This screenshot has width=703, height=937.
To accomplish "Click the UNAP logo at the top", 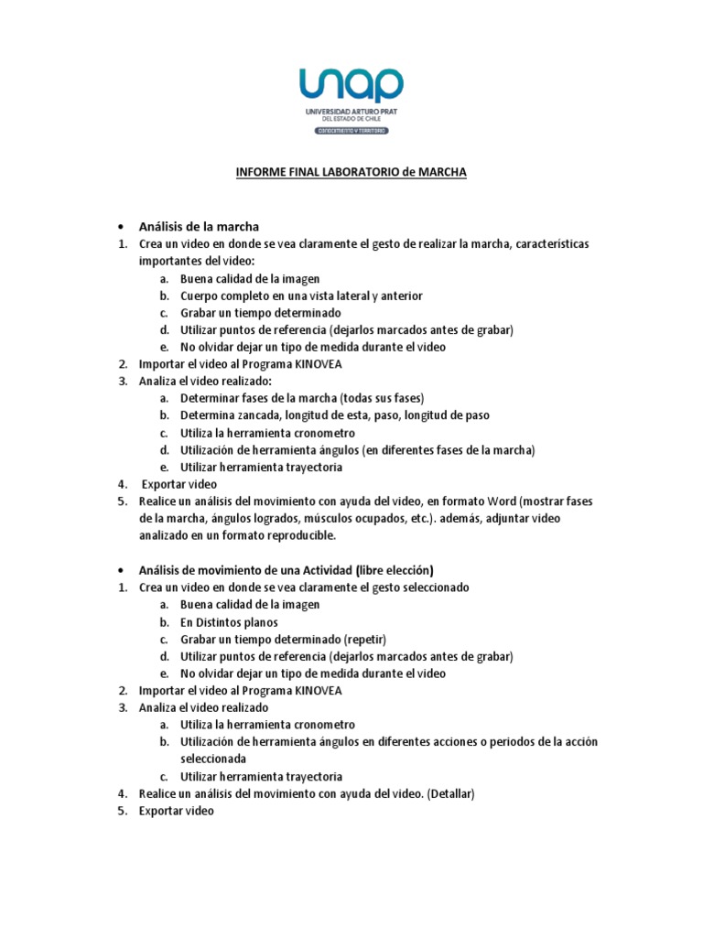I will click(x=351, y=84).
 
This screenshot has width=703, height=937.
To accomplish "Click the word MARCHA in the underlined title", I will click(x=442, y=172).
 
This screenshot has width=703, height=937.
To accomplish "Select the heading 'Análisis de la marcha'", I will click(x=199, y=226).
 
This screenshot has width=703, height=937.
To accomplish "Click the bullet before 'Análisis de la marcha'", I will click(x=120, y=227).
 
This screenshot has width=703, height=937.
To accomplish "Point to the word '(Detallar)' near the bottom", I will click(x=447, y=794).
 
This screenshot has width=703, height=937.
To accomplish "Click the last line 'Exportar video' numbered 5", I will click(x=176, y=812).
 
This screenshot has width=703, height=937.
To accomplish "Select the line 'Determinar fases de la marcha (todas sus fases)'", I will click(x=302, y=398).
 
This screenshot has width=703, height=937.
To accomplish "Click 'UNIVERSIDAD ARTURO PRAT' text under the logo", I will click(x=352, y=111).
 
